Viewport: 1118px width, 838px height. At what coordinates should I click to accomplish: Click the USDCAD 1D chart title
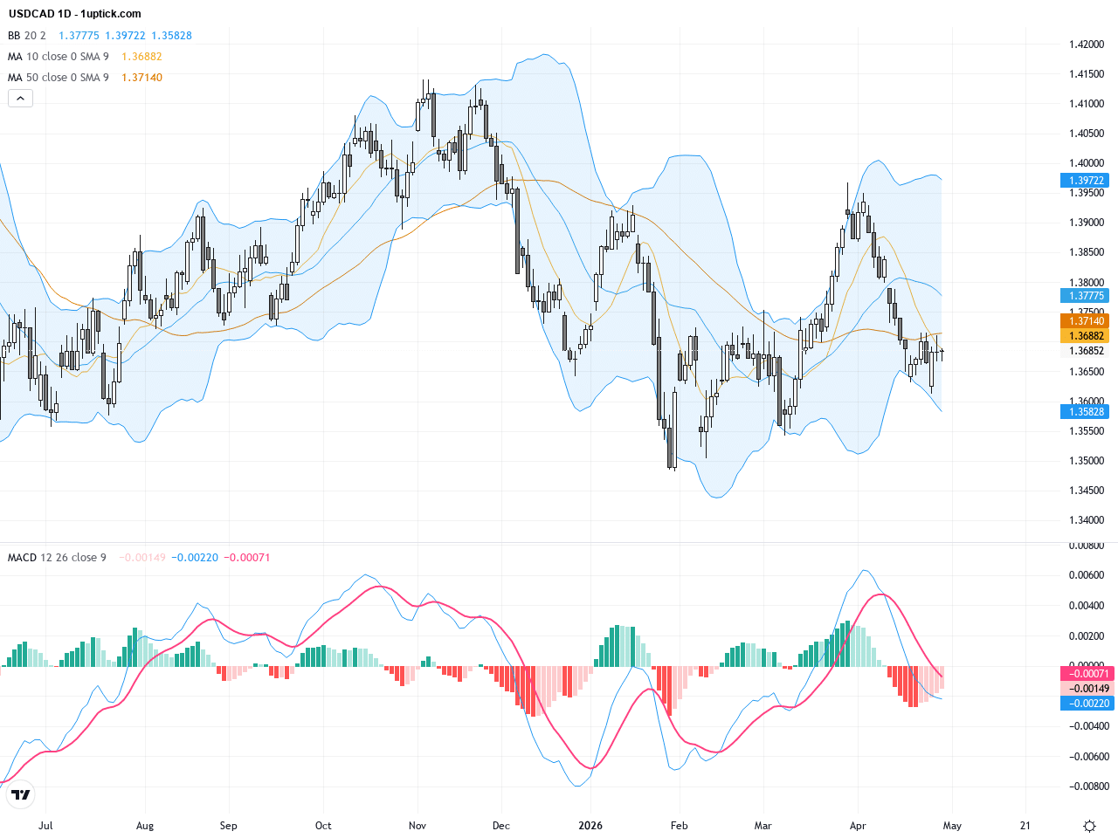click(x=74, y=14)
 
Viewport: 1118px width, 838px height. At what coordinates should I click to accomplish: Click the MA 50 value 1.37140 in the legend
click(x=141, y=78)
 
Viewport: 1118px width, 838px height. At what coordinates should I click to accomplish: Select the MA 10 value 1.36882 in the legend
click(x=141, y=57)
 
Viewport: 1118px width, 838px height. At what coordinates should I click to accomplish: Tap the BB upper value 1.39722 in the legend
click(x=125, y=36)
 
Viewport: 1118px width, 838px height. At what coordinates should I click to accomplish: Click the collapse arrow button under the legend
click(x=20, y=99)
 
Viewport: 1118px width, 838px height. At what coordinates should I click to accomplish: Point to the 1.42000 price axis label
click(x=1087, y=45)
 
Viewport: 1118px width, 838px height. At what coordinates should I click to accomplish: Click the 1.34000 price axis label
click(x=1087, y=520)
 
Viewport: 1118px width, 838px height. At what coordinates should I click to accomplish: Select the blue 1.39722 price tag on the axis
click(x=1086, y=181)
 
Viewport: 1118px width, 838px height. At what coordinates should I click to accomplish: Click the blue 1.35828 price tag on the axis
click(x=1086, y=412)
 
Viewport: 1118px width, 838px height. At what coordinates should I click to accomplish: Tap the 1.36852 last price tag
click(x=1086, y=351)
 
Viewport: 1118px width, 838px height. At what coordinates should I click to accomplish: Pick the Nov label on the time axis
click(x=418, y=826)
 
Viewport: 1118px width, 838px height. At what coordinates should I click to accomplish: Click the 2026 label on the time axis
click(x=590, y=826)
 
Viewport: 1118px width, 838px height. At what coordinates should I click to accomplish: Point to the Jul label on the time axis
click(x=45, y=826)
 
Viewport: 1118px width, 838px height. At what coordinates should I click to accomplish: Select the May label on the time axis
click(x=952, y=826)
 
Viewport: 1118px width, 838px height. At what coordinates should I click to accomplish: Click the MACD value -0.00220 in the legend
click(x=195, y=558)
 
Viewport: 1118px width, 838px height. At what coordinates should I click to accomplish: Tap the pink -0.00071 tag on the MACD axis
click(x=1087, y=674)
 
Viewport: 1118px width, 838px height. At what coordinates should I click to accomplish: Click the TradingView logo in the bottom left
click(x=20, y=794)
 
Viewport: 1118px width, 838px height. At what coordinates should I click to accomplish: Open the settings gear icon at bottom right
click(x=1089, y=826)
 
